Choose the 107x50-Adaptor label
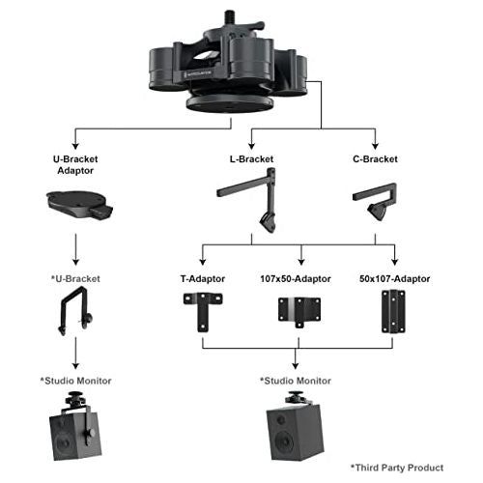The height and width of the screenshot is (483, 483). [300, 278]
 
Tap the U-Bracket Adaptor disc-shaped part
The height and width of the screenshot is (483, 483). [76, 202]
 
